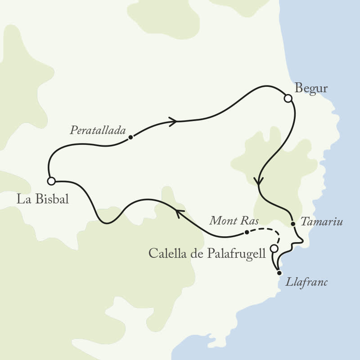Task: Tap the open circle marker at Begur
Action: point(288,98)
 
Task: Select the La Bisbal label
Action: point(42,199)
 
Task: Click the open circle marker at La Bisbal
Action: point(51,181)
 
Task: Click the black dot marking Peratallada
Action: point(130,137)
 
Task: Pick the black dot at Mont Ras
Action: point(246,232)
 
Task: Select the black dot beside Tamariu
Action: point(292,223)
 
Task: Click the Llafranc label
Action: point(307,283)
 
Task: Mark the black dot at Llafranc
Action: point(279,273)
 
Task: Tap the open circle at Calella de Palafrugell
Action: point(274,248)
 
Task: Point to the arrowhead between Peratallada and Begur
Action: point(173,121)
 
